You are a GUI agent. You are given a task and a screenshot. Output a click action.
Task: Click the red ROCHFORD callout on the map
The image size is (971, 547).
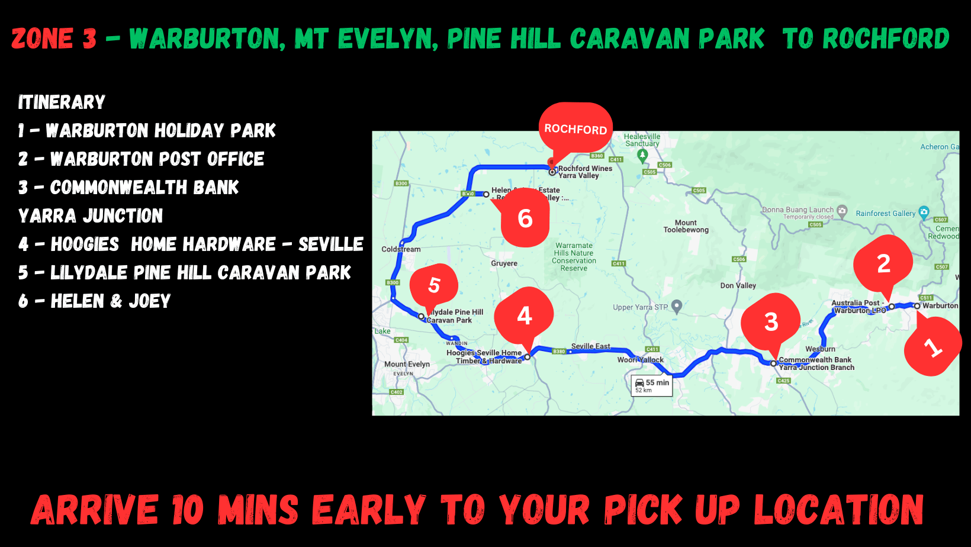pyautogui.click(x=575, y=128)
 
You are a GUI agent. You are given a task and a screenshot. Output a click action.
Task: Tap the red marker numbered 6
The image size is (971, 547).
pyautogui.click(x=525, y=218)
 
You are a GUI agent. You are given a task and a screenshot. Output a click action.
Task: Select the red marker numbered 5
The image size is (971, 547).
pyautogui.click(x=434, y=285)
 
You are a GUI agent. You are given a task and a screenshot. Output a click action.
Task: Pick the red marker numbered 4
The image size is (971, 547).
pyautogui.click(x=525, y=316)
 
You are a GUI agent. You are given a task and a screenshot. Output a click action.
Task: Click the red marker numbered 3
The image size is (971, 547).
pyautogui.click(x=771, y=321)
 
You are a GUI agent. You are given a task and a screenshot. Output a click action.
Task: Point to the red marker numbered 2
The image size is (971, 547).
pyautogui.click(x=883, y=263)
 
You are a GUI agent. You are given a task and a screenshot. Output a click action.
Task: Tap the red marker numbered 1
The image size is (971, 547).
pyautogui.click(x=933, y=346)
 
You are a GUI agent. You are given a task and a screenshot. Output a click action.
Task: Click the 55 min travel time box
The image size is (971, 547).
pyautogui.click(x=652, y=385)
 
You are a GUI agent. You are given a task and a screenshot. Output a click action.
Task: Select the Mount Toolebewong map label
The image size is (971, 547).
pyautogui.click(x=686, y=226)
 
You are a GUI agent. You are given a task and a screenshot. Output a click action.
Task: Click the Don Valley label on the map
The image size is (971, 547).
pyautogui.click(x=738, y=285)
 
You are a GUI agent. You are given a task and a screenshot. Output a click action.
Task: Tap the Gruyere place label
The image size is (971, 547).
pyautogui.click(x=504, y=263)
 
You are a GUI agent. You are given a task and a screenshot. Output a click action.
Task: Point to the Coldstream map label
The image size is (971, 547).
pyautogui.click(x=401, y=249)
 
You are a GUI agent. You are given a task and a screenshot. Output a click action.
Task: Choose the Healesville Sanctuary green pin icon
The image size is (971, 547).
pyautogui.click(x=642, y=155)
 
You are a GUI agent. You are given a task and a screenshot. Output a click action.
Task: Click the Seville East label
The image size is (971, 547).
pyautogui.click(x=590, y=346)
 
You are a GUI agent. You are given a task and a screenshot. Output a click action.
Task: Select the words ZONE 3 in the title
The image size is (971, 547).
pyautogui.click(x=54, y=39)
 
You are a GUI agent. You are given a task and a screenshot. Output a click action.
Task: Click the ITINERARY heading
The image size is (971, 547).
pyautogui.click(x=62, y=102)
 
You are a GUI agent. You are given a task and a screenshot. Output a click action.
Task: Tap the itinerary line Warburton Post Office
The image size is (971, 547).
pyautogui.click(x=142, y=159)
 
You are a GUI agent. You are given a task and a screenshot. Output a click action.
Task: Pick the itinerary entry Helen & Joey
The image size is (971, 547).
pyautogui.click(x=95, y=301)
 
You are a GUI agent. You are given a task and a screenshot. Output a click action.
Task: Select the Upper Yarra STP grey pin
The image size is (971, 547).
pyautogui.click(x=677, y=305)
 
